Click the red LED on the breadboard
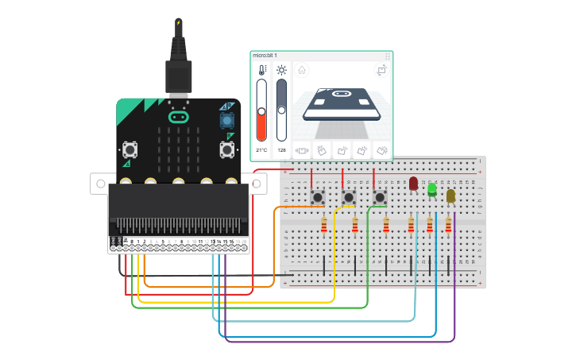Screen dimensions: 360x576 [413, 183]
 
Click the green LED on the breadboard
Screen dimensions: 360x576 [432, 189]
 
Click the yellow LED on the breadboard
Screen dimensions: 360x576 [450, 195]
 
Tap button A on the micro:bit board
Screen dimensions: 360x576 [130, 149]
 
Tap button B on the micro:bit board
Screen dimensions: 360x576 [226, 149]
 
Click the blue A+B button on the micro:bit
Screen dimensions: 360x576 [227, 120]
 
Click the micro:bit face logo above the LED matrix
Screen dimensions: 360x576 [179, 118]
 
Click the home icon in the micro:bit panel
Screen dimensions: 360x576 [302, 71]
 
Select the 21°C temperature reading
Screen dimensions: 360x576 [261, 149]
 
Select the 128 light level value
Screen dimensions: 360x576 [281, 149]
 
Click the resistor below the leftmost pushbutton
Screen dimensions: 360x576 [323, 226]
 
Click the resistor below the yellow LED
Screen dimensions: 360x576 [448, 226]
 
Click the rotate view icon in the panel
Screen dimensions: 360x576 [381, 71]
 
